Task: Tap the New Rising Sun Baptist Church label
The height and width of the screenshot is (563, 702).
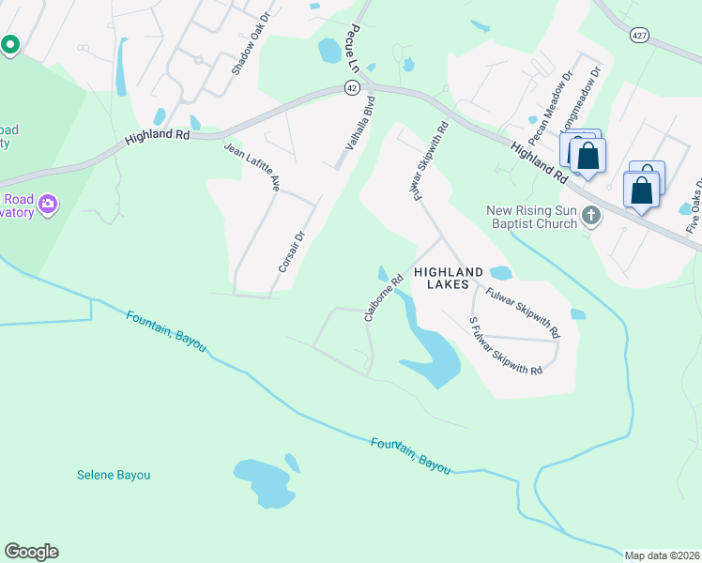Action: click(531, 217)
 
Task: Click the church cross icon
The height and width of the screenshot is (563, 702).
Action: click(591, 216)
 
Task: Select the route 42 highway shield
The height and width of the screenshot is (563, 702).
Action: click(350, 86)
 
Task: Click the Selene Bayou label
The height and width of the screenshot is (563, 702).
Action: click(114, 475)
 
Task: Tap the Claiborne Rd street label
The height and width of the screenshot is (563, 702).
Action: click(383, 297)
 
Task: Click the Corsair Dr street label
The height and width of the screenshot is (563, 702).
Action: click(292, 252)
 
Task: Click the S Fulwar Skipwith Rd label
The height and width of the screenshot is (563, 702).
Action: click(505, 346)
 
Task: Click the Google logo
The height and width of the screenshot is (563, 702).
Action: click(31, 552)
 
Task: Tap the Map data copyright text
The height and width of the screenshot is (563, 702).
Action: click(662, 555)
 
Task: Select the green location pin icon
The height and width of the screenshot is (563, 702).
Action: click(10, 44)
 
